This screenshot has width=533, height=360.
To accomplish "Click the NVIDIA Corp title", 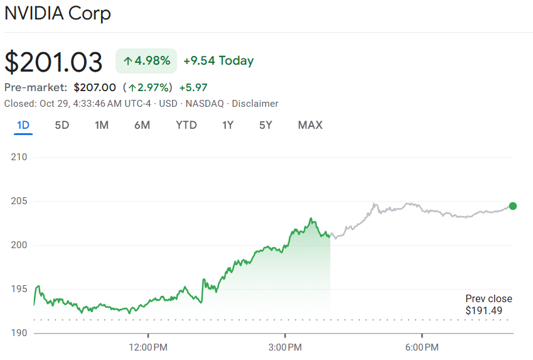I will pos(58,13).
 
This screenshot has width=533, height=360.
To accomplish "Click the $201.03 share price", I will pos(53,62).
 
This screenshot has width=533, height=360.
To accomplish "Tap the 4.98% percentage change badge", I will pos(146,61).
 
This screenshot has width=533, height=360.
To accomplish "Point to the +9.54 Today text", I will pos(218,61).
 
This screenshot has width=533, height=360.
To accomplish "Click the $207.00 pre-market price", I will pos(95,87).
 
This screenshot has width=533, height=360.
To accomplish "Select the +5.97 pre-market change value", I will pos(193,87).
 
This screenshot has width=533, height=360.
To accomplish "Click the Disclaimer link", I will pos(255,104).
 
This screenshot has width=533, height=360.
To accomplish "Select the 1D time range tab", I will pos(23,125).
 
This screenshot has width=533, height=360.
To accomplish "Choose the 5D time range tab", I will pos(62,125).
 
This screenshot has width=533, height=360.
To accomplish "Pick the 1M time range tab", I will pos(102,125).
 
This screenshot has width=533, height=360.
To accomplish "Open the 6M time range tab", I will pos(142,125).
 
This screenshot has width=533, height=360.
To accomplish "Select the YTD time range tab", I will pos(186,125).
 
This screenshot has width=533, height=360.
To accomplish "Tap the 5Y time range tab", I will pos(266,125).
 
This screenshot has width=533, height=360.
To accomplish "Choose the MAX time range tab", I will pos(310,125).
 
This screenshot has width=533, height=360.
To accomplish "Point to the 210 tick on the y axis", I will pos(19,157).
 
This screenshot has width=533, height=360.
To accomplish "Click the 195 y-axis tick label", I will pos(19,289).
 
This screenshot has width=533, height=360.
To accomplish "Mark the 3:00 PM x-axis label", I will pos(286,347).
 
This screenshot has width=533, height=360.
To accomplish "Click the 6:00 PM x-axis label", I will pos(422,347).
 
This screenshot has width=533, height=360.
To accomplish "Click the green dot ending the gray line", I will pos(513,206).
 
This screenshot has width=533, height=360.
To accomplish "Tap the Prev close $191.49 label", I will pos(488,305).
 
